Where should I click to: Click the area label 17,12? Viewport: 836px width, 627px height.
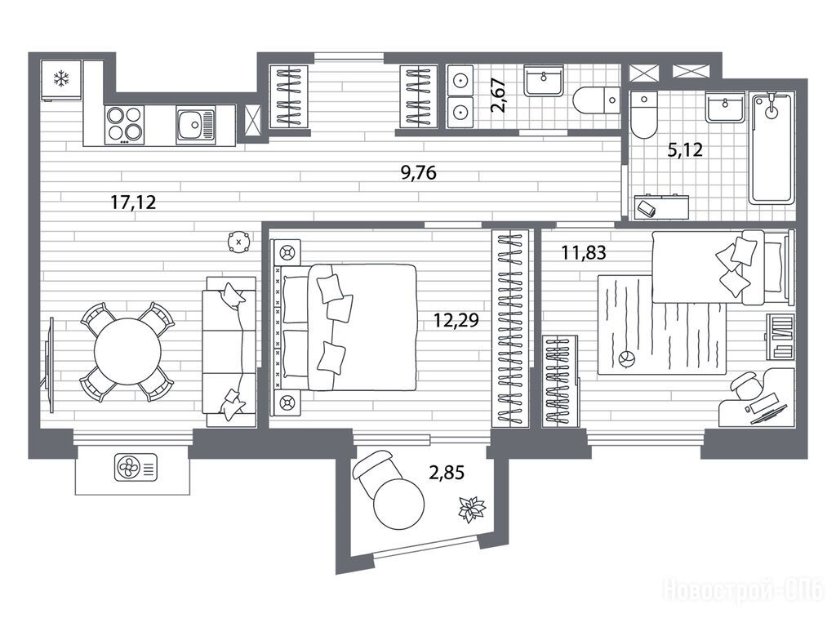click(133, 202)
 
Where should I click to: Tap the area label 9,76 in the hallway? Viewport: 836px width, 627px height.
click(419, 173)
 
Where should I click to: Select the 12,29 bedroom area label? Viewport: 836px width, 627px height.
click(456, 320)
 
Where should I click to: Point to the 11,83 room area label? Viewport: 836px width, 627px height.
click(584, 252)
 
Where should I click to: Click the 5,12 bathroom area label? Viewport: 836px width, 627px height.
click(685, 150)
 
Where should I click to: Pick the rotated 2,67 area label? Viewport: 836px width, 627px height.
click(499, 95)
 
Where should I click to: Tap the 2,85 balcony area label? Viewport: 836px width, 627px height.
click(447, 472)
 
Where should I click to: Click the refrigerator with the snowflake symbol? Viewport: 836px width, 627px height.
click(61, 80)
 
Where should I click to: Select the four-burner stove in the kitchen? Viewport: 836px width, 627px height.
click(125, 125)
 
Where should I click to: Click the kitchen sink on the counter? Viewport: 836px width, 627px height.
click(196, 125)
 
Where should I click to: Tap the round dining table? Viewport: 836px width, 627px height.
click(127, 351)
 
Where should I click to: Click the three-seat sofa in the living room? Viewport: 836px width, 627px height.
click(229, 351)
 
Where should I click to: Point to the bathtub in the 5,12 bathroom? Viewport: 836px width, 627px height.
click(772, 149)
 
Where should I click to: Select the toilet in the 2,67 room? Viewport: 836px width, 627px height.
click(597, 100)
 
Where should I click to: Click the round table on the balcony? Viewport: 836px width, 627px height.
click(398, 504)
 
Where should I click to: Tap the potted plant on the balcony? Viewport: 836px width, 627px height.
click(472, 509)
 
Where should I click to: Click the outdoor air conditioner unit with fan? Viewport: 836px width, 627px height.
click(136, 468)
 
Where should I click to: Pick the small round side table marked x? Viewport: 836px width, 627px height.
click(238, 242)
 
